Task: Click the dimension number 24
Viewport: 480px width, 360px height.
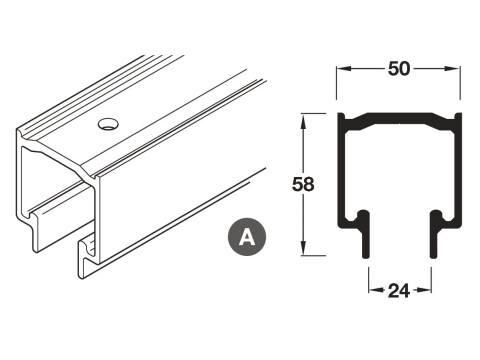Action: pyautogui.click(x=400, y=291)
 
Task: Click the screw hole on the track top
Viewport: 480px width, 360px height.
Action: pyautogui.click(x=107, y=125)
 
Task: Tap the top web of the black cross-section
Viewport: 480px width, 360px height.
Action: pyautogui.click(x=400, y=119)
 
